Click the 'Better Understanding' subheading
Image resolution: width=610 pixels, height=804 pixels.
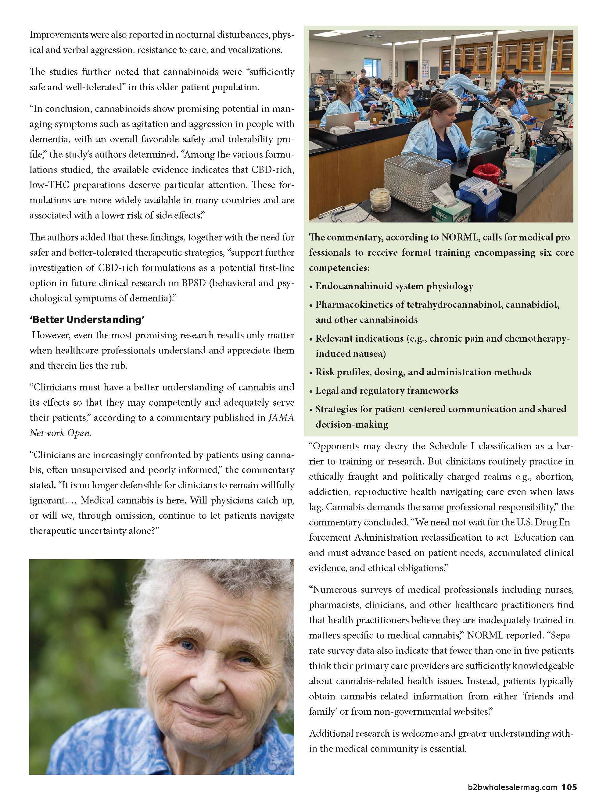87,319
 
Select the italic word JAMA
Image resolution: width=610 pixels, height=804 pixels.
281,418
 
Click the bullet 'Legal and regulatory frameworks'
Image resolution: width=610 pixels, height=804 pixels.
387,390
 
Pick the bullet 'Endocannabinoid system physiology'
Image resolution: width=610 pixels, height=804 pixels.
394,286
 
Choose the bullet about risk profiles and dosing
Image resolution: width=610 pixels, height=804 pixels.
423,372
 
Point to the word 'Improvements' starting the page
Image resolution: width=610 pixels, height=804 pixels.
59,35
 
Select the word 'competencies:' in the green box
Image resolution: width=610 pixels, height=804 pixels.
339,268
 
